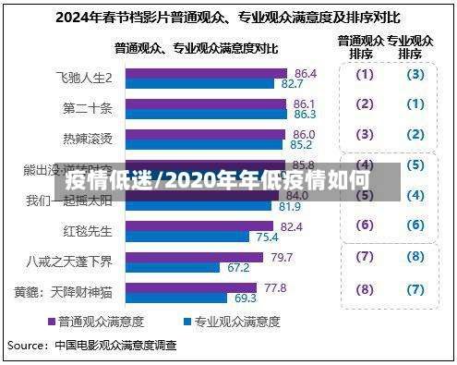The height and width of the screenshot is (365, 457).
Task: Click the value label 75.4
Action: point(267,237)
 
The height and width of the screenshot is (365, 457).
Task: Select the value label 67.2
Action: point(237,268)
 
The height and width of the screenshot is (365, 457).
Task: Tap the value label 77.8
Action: point(275,287)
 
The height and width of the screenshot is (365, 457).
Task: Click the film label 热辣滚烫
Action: point(88,139)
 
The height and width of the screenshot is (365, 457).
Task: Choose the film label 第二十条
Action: point(88,109)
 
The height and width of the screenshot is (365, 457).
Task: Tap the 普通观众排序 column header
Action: point(360,47)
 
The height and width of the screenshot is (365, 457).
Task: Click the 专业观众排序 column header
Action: point(410,47)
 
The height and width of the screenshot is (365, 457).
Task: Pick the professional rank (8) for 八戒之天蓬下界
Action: point(415,256)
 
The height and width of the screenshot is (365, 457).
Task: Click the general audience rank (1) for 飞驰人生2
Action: point(365,75)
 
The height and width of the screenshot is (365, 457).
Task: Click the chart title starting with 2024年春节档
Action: point(227,17)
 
